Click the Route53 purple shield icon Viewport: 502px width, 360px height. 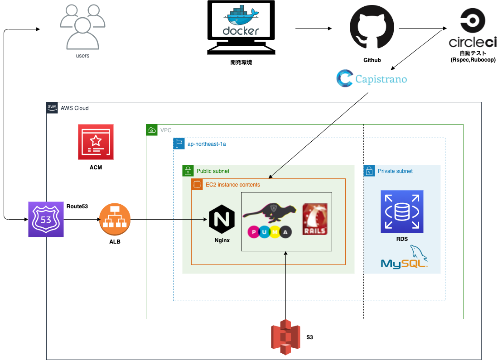point(46,220)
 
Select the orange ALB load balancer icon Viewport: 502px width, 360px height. point(115,220)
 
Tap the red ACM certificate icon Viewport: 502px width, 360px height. point(96,142)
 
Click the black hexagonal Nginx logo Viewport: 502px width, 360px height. point(221,220)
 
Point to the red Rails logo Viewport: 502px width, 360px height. point(315,220)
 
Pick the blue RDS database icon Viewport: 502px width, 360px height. point(402,211)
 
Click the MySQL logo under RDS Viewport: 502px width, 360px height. point(405,259)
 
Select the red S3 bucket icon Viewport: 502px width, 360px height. point(285,337)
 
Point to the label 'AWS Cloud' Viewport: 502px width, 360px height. point(75,108)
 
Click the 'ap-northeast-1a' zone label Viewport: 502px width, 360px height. point(207,144)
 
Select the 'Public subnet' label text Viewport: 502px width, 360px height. point(213,171)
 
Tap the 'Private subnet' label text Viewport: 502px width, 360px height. point(395,171)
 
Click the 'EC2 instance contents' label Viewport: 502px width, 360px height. point(233,185)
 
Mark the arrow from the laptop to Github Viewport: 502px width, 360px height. point(313,29)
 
